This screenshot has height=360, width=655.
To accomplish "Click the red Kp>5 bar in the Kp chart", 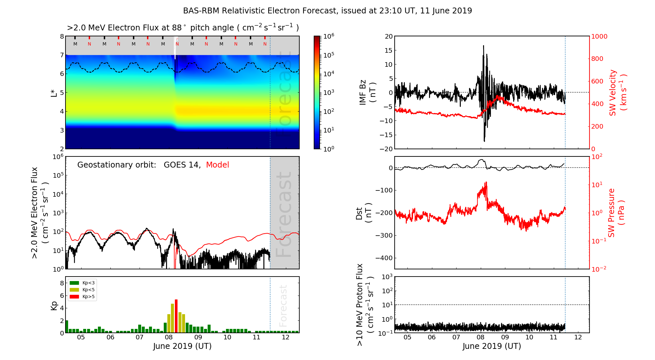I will [x=176, y=316].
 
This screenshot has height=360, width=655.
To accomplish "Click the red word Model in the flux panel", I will [x=217, y=165].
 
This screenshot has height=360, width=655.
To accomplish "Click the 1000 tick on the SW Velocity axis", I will [x=599, y=37].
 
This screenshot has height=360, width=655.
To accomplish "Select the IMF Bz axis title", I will [x=367, y=93].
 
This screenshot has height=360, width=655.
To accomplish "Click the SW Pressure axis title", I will [x=616, y=213].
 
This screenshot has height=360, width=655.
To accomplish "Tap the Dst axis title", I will [x=364, y=213].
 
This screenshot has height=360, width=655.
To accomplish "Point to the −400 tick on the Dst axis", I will [x=384, y=258].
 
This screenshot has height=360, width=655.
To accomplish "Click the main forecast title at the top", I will [x=327, y=11].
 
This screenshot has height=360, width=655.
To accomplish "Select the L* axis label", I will [x=54, y=93].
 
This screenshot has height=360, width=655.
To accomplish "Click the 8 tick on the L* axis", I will [x=62, y=36].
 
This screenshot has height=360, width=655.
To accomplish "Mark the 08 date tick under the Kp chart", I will [x=169, y=337].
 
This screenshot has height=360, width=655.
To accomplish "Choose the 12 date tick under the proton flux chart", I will [x=578, y=337].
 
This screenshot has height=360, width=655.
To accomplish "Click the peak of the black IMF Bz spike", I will [x=483, y=46].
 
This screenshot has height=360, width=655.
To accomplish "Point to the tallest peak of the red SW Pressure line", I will [x=486, y=182].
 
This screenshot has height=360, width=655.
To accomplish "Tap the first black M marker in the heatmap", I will [x=75, y=44].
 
